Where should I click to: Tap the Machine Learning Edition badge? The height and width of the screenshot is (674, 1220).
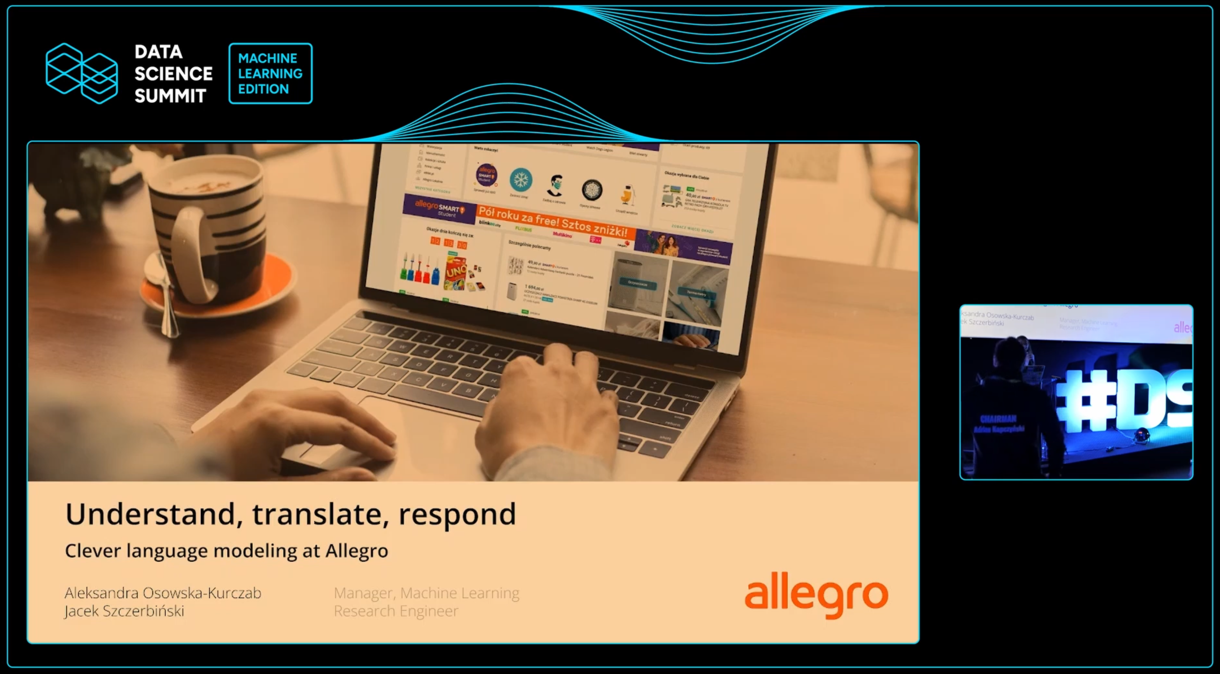pos(270,74)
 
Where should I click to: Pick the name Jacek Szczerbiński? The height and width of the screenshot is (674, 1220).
pos(124,611)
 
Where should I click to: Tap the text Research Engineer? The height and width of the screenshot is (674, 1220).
pos(396,611)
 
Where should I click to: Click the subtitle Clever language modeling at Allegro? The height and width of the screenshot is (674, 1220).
pos(226,551)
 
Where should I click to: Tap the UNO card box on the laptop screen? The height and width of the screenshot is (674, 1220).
pos(456,272)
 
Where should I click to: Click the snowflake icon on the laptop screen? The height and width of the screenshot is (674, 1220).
pos(520,180)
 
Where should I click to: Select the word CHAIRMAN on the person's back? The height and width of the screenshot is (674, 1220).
pos(998,419)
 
